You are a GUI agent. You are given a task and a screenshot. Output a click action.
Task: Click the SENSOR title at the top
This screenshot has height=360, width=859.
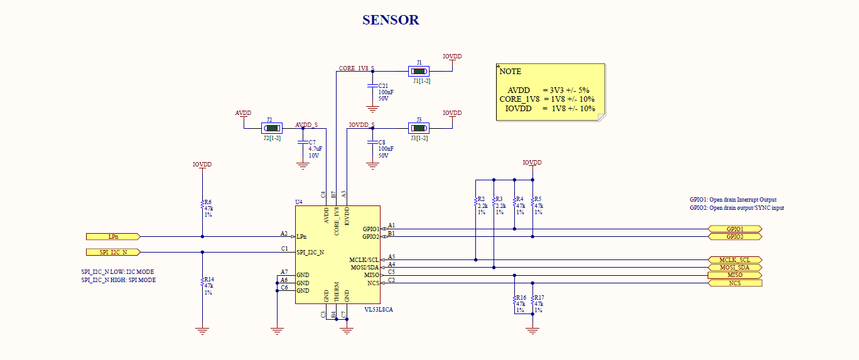[391, 20]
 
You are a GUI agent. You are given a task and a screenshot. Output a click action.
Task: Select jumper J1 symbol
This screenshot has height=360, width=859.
[419, 71]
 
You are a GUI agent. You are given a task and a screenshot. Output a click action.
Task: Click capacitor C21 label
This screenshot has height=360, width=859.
[383, 85]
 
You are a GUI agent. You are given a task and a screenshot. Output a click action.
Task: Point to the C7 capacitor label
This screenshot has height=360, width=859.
[312, 142]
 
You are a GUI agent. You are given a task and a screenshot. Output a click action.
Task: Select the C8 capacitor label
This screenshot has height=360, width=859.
[382, 142]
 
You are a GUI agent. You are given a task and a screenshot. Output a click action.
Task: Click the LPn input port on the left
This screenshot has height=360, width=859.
[113, 237]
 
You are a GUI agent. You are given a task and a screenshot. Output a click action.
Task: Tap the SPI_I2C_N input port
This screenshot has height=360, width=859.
[113, 252]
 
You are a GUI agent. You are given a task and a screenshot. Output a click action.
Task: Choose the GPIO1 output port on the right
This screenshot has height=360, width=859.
[735, 229]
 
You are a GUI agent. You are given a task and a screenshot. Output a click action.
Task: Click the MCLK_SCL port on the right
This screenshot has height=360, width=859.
[735, 259]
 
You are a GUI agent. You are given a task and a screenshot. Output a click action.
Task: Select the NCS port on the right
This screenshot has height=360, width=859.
[735, 283]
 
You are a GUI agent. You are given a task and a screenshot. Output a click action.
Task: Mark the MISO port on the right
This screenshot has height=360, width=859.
[735, 275]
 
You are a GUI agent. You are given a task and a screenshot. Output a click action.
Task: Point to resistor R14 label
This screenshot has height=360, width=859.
[209, 279]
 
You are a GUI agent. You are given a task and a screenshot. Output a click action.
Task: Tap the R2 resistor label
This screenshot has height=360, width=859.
[482, 199]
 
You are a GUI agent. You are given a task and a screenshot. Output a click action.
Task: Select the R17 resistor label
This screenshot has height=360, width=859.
[539, 297]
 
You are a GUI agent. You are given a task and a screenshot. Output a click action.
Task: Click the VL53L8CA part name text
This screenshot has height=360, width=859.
[379, 309]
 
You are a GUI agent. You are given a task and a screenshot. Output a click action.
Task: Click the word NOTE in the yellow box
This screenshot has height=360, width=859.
[510, 72]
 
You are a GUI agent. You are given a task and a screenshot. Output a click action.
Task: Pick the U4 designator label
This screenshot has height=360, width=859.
[299, 202]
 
